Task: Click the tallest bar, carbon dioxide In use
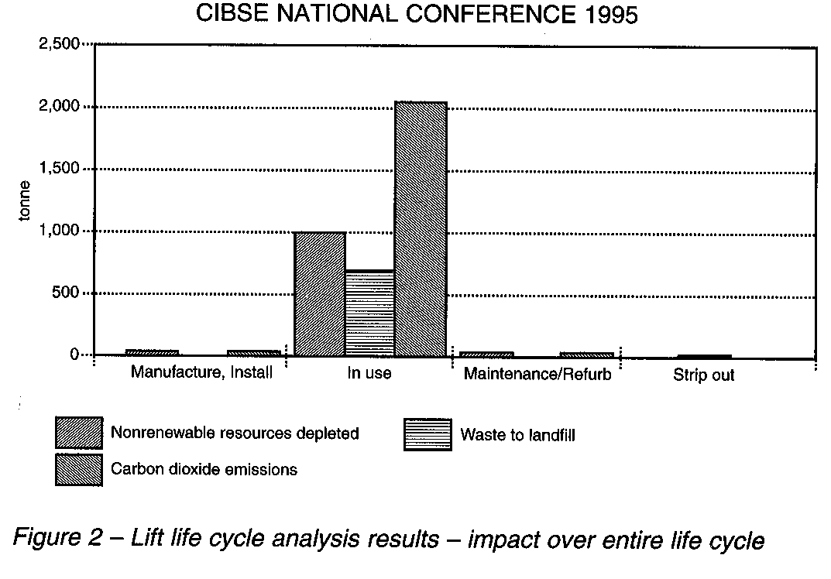[x=421, y=229]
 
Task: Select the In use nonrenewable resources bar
[x=320, y=294]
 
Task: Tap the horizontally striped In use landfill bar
[x=369, y=313]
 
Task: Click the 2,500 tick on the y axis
[x=59, y=44]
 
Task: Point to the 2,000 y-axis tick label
[x=59, y=106]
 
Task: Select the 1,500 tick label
[x=59, y=169]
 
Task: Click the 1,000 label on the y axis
[x=59, y=231]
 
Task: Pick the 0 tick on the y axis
[x=75, y=355]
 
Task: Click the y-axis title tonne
[x=25, y=200]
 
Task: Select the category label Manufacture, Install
[x=201, y=372]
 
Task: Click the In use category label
[x=369, y=374]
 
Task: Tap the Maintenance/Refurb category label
[x=537, y=375]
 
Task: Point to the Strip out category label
[x=703, y=376]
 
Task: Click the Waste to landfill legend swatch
[x=427, y=434]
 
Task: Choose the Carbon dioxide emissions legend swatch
[x=78, y=469]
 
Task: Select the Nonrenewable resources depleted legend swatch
[x=78, y=433]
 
